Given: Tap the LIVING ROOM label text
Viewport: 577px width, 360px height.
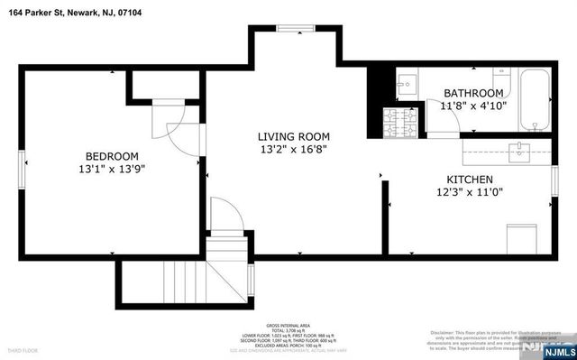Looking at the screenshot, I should (291, 135).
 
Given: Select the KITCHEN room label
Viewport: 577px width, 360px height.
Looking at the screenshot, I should (470, 179).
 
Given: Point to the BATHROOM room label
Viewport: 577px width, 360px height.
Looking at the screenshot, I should (472, 93).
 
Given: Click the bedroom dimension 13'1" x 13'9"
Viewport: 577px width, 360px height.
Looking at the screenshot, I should (113, 169).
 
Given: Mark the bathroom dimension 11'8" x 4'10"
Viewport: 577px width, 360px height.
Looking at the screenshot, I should (472, 106).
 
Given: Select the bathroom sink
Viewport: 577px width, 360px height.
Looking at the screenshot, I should (406, 84).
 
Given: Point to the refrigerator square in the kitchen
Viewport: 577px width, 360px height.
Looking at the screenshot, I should (520, 239).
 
